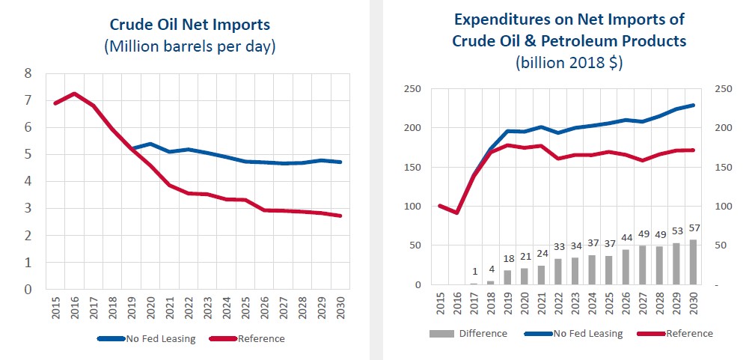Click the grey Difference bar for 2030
[x=693, y=263]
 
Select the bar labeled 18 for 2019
[x=507, y=278]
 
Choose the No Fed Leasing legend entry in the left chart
[x=146, y=339]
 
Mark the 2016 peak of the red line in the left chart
[x=73, y=94]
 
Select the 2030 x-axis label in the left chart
[x=340, y=308]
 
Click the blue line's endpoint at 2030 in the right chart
[x=693, y=105]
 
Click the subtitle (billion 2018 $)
[x=569, y=63]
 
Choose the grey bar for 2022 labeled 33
[x=558, y=272]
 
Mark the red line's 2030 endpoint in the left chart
[x=340, y=216]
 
